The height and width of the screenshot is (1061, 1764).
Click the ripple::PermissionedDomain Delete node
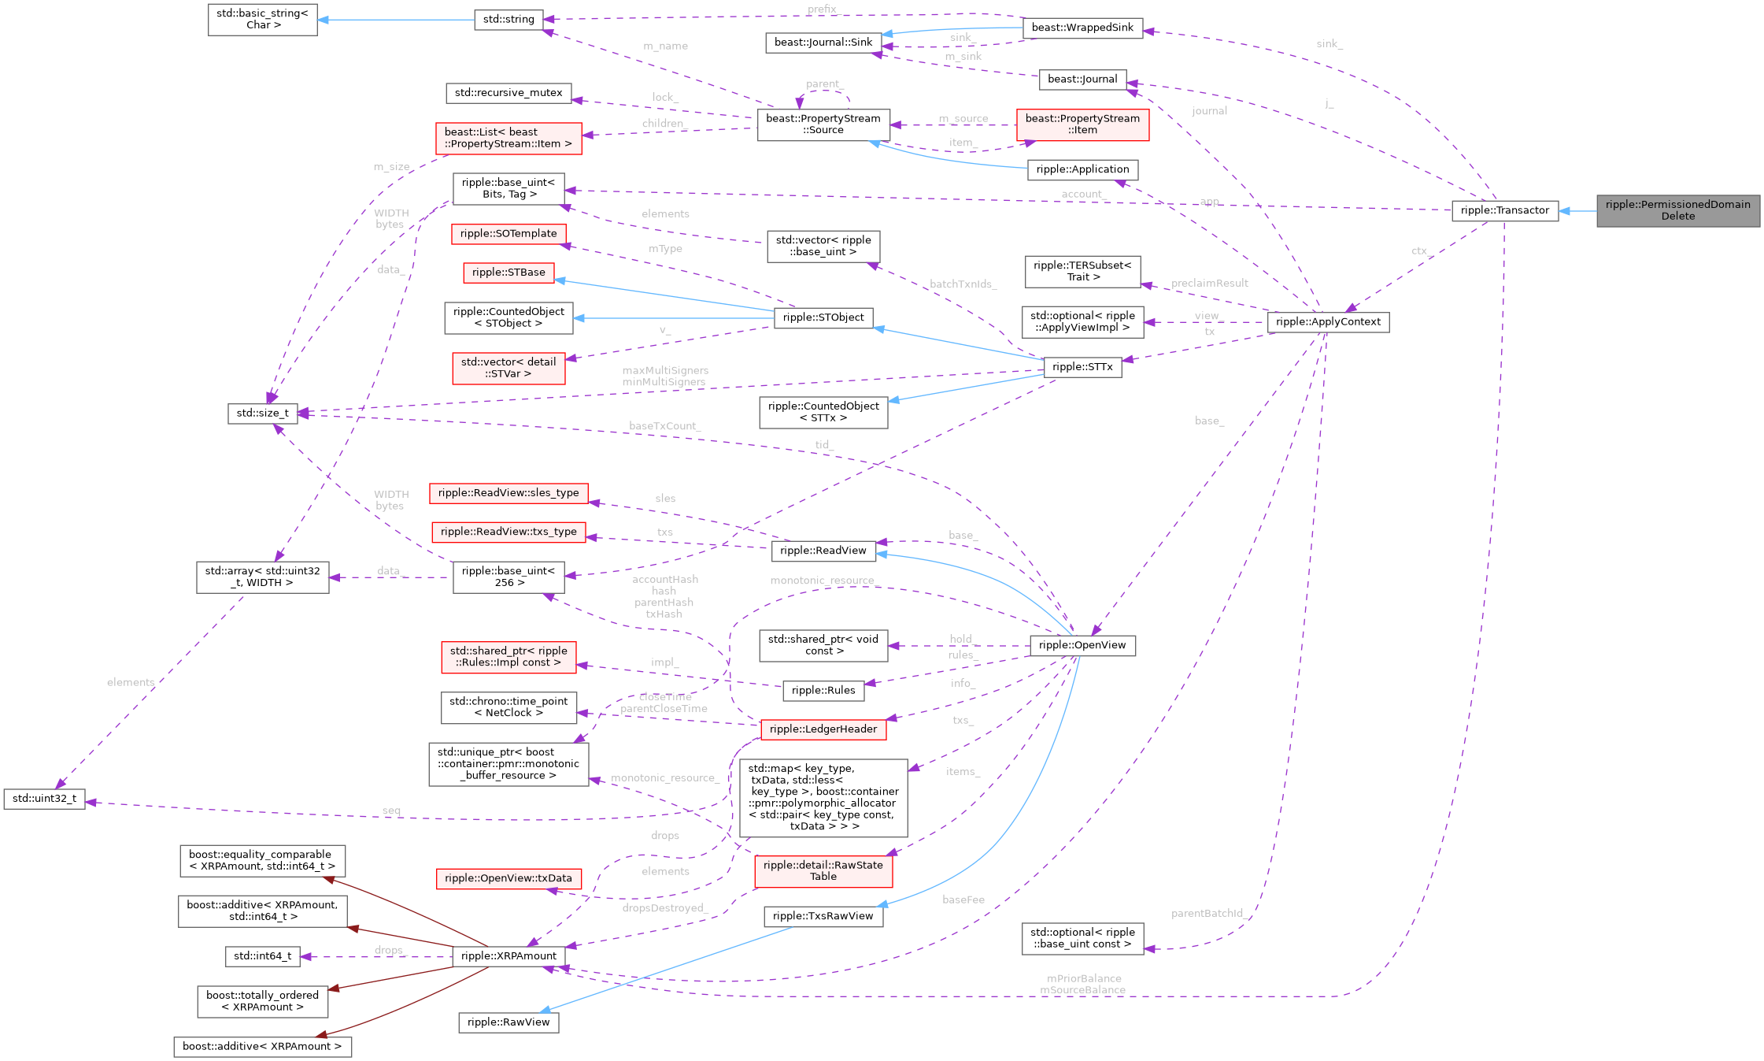[1677, 210]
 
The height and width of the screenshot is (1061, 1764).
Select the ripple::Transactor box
[1504, 210]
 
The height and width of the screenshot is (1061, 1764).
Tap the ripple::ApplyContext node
[1328, 321]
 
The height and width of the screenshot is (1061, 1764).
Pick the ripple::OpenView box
[1082, 645]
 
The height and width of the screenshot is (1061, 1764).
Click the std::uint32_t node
[45, 799]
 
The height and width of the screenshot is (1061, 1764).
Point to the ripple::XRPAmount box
[508, 956]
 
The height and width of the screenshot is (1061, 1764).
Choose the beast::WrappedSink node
[1082, 28]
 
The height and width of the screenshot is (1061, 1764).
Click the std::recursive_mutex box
[508, 93]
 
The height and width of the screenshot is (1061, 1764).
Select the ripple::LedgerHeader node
[823, 729]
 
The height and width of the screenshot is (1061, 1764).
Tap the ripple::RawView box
[508, 1022]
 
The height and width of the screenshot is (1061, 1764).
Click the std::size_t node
[263, 414]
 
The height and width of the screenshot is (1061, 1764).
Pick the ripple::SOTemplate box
[508, 234]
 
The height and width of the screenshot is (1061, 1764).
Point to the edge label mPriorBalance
[1084, 978]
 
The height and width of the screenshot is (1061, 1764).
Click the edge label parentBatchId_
[1207, 914]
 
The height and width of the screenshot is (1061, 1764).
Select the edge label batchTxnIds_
[963, 284]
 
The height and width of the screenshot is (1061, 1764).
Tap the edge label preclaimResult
[1209, 284]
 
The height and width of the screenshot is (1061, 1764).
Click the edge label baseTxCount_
[664, 426]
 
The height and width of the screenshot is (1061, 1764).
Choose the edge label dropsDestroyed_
[665, 908]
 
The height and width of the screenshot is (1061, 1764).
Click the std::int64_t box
[263, 956]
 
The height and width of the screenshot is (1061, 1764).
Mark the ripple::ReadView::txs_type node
[508, 532]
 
